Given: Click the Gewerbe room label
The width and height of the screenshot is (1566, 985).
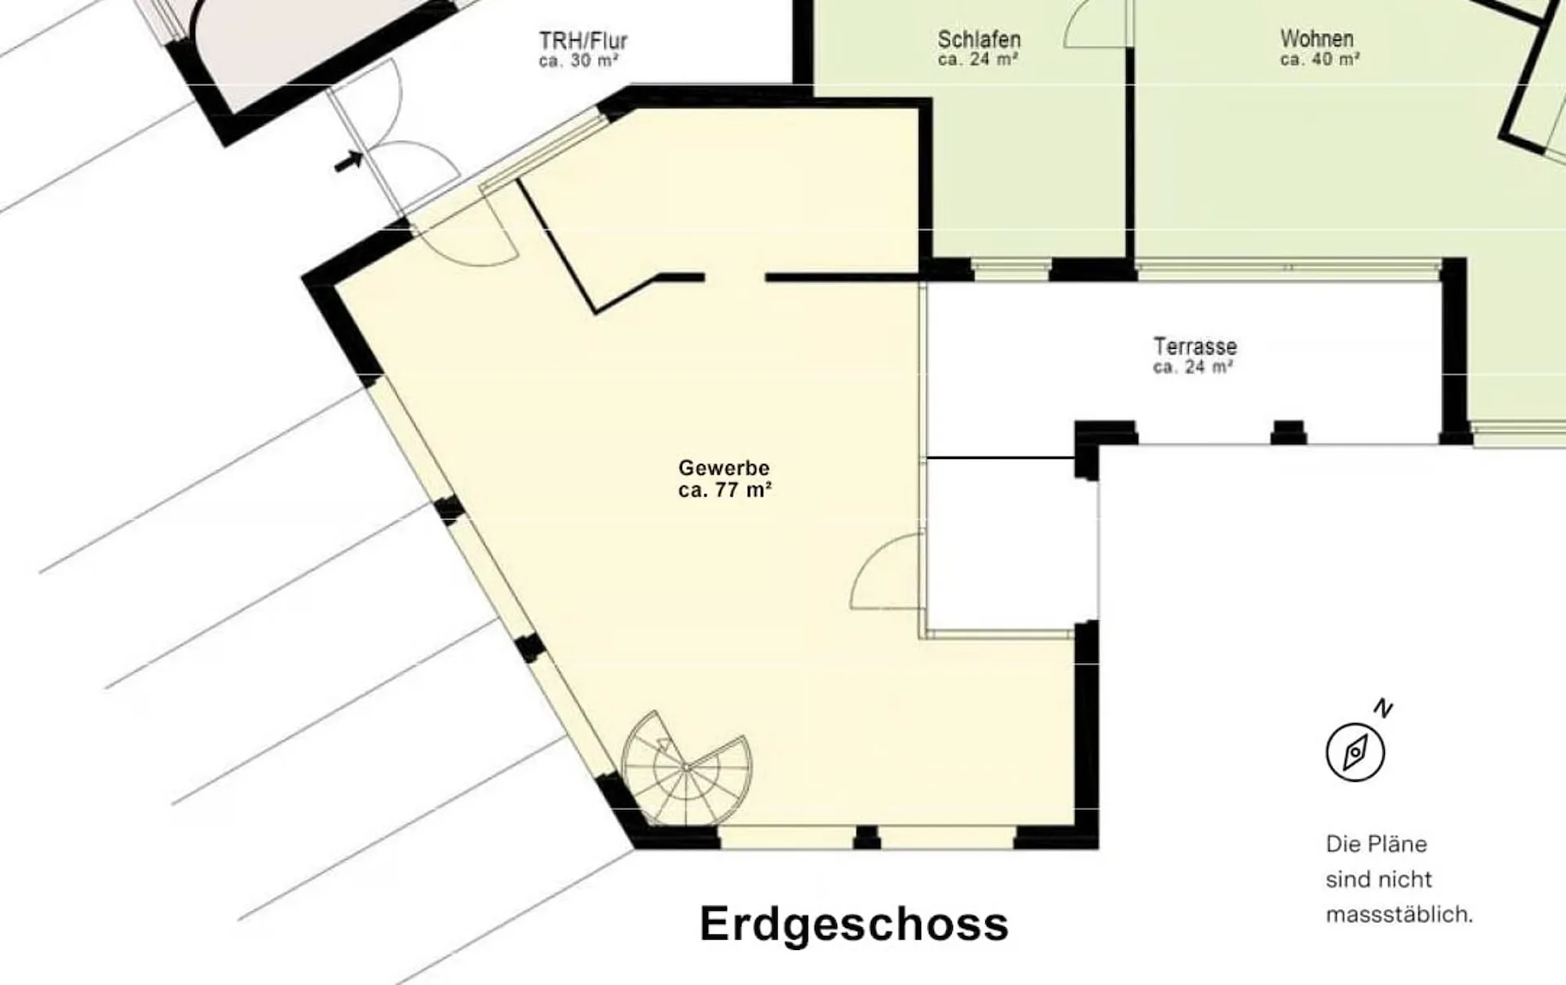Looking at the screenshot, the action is pos(723,469).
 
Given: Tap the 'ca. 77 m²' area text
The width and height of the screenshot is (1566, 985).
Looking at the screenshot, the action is pos(725,490).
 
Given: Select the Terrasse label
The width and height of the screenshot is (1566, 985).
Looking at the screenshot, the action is pos(1195,347).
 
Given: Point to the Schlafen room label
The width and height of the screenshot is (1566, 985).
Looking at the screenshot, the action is pos(979,39).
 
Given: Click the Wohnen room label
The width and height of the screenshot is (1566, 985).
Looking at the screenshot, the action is pos(1316,38).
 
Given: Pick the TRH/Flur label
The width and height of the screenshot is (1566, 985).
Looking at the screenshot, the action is pos(583,41).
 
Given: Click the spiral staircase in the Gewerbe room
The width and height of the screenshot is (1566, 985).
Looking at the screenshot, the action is pos(686,768).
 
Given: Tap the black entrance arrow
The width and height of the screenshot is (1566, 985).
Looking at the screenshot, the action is pos(349,161).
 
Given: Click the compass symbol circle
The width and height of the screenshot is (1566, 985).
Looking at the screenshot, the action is pos(1355,752).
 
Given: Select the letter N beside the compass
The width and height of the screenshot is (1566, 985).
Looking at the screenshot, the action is pos(1383,708).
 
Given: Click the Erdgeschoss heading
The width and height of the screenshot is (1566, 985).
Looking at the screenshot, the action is pos(854,925).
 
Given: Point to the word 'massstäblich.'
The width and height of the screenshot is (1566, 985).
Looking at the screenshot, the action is pos(1400,915).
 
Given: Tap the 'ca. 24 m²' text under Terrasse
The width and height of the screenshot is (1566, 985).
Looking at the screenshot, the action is pos(1192,367).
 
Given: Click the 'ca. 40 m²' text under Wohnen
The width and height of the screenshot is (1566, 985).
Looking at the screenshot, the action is pos(1320,60).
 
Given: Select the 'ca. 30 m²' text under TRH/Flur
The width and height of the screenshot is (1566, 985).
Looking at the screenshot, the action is pos(578,61).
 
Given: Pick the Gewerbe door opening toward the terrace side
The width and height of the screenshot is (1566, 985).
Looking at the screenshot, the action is pos(887,572).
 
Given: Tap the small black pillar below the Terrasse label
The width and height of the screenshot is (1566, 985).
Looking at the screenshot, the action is pos(1289,432).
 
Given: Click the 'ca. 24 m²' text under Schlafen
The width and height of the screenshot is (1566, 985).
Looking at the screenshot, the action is pos(978,60).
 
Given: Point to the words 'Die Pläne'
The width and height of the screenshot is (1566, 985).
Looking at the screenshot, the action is pos(1376,844).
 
